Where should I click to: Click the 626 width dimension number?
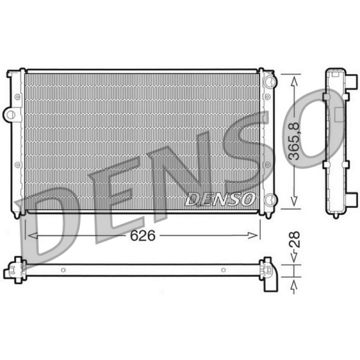point(143,235)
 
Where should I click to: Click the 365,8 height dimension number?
point(294,141)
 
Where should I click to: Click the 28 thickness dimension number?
point(294,239)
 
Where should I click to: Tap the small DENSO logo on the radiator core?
point(220,199)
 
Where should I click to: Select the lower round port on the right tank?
point(270,200)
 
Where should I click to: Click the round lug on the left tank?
point(10,114)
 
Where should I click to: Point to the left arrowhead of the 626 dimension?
point(32,235)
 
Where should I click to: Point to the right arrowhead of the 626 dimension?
point(253,235)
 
